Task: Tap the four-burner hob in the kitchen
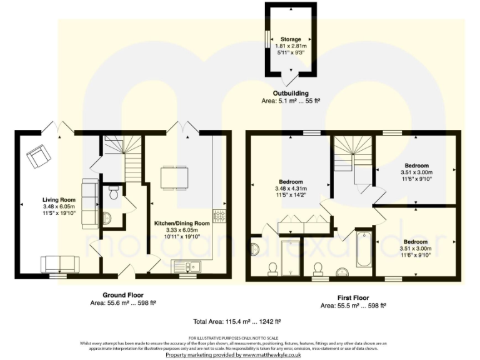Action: (x=219, y=216)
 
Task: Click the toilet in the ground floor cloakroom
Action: (x=113, y=193)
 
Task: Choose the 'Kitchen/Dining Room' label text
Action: (x=182, y=222)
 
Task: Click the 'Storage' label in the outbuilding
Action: (x=289, y=39)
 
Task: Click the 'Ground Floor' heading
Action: (x=122, y=294)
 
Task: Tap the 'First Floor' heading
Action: (x=352, y=298)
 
